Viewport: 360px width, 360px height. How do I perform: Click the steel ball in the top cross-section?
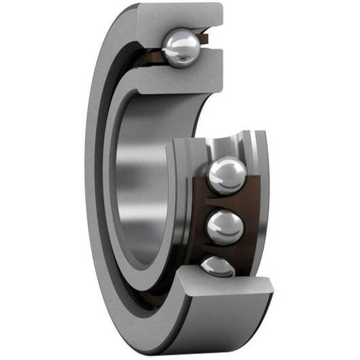[x=181, y=47]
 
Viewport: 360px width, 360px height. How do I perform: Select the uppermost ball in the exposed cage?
[x=227, y=175]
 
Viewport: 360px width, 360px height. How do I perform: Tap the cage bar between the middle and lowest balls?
[x=223, y=250]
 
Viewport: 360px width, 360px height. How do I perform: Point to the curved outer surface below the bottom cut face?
[x=223, y=332]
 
